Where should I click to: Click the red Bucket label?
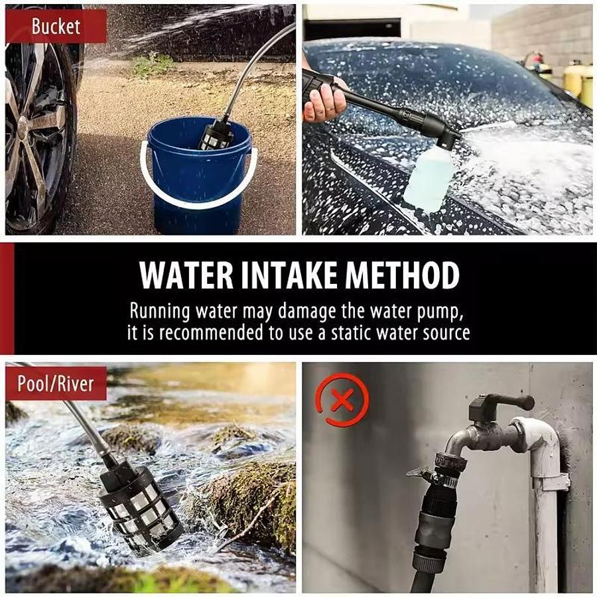coord(56,27)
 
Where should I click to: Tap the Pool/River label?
coord(56,383)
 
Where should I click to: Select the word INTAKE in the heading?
coord(289,275)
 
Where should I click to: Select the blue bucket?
coord(198,175)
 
